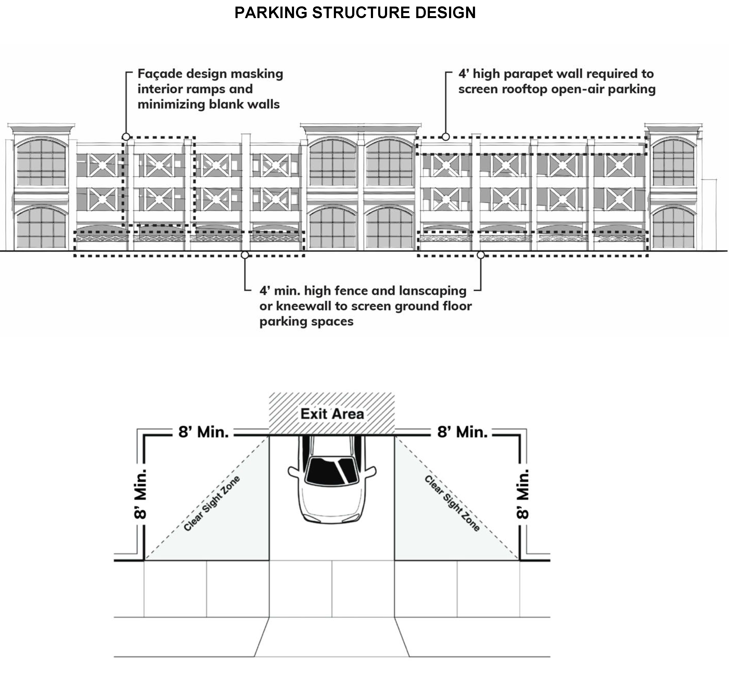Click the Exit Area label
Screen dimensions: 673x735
point(332,414)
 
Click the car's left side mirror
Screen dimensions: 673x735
point(293,472)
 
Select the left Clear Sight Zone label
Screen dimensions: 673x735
point(211,504)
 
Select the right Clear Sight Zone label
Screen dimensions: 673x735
point(452,504)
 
